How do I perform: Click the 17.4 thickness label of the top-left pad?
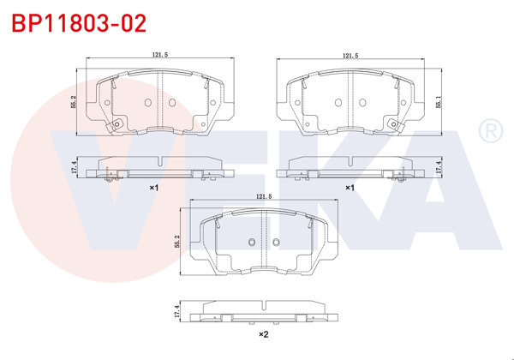pyautogui.click(x=75, y=169)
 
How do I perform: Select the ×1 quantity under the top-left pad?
pyautogui.click(x=154, y=187)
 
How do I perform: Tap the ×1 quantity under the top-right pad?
pyautogui.click(x=350, y=187)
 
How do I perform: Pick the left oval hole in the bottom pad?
pyautogui.click(x=250, y=243)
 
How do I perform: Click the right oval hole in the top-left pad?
pyautogui.click(x=170, y=103)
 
